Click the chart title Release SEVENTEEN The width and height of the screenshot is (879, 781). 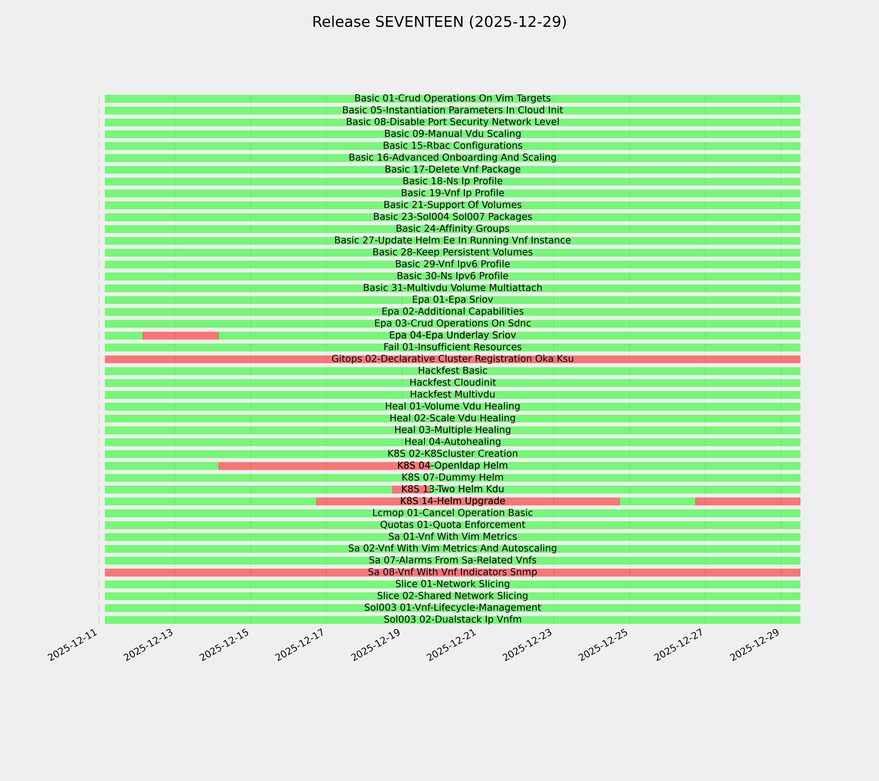pyautogui.click(x=439, y=22)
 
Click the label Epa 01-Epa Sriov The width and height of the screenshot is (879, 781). pyautogui.click(x=452, y=300)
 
